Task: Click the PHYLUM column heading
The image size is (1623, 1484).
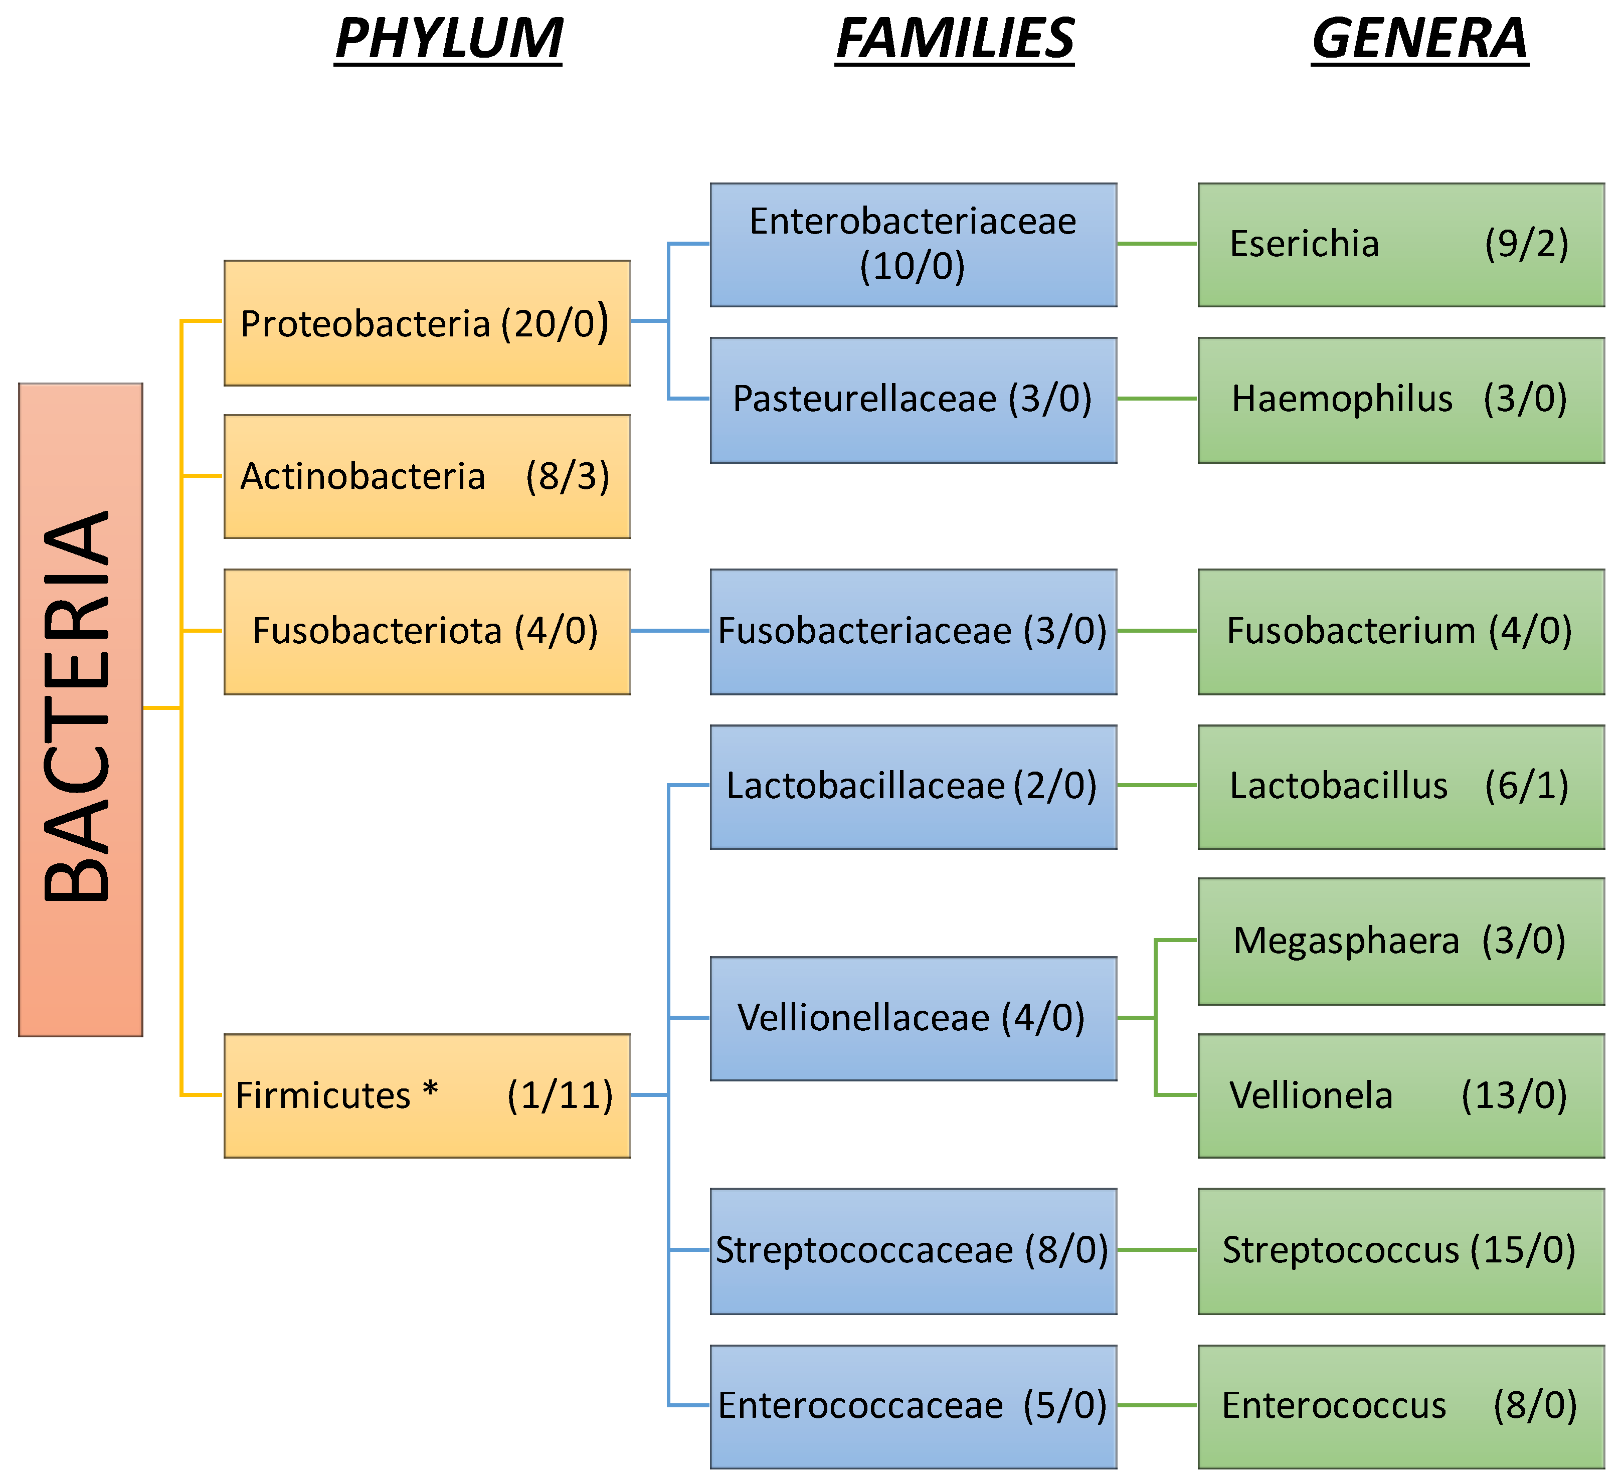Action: pos(448,39)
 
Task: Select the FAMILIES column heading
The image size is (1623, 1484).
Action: pos(955,39)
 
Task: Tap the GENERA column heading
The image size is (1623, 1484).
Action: pos(1419,39)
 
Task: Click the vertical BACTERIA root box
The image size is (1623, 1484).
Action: pos(81,709)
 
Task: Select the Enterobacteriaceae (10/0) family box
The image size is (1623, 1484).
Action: pos(914,245)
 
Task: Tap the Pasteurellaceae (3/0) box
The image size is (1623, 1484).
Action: pos(914,400)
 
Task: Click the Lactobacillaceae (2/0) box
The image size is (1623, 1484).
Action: pos(914,787)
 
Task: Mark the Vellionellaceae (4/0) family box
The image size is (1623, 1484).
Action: pos(914,1019)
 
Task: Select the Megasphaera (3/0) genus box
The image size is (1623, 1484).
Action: pos(1401,942)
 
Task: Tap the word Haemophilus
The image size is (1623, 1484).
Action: pos(1342,399)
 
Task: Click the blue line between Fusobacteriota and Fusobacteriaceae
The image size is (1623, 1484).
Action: pos(671,631)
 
